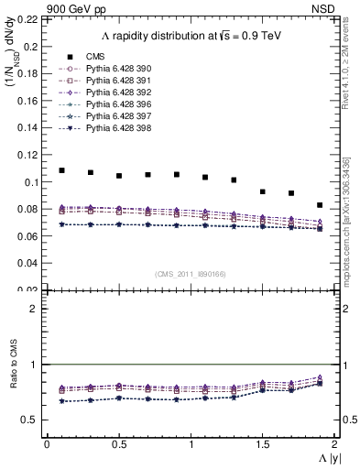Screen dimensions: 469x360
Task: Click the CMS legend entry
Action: pos(93,56)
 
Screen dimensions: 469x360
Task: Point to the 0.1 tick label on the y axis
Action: pos(32,181)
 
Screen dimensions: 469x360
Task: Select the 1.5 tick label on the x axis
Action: pos(263,443)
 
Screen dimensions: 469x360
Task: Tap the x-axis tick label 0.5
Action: pos(119,443)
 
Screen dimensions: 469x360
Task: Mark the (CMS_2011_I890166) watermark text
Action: pos(191,273)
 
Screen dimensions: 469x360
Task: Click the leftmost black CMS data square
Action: pos(62,170)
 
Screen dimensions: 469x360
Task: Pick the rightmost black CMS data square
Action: pos(320,205)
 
